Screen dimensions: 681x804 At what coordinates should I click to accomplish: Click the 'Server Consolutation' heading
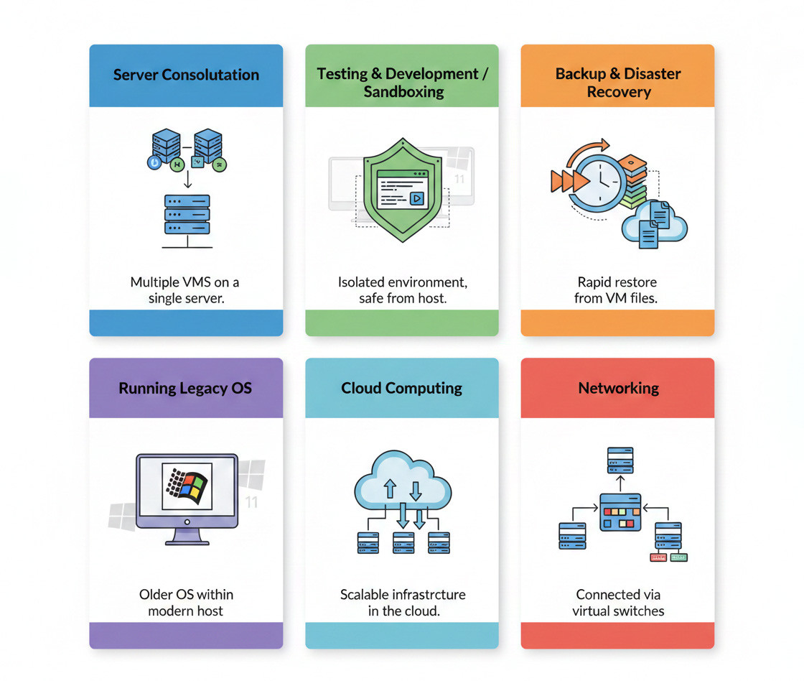(186, 75)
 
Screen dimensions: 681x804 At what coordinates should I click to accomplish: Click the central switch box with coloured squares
(620, 511)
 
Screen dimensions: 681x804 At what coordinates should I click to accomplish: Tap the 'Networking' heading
(618, 388)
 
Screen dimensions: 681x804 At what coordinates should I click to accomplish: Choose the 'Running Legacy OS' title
(185, 388)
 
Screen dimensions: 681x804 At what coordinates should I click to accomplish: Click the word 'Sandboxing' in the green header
(403, 92)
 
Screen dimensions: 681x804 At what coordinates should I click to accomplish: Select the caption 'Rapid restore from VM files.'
(616, 289)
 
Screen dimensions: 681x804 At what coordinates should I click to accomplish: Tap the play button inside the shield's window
(416, 199)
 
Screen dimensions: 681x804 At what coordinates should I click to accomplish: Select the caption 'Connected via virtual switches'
(618, 603)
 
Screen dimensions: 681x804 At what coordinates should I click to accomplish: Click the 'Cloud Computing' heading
(401, 388)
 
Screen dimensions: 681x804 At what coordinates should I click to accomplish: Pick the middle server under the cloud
(403, 542)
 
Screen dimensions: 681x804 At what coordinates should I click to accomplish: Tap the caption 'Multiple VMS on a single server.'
(185, 289)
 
